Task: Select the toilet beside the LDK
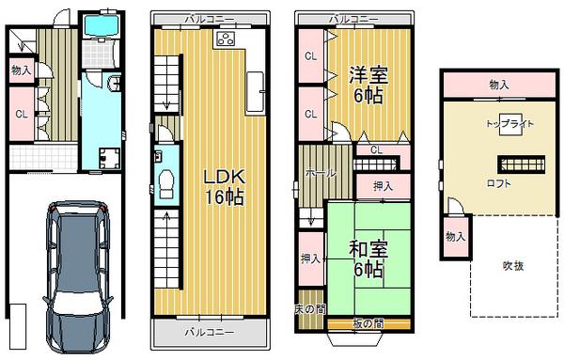click(x=164, y=184)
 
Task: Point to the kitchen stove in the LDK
click(x=227, y=39)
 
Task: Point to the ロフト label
click(x=499, y=183)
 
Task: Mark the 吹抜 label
click(x=512, y=266)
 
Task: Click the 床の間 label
click(x=308, y=308)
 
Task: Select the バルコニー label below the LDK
click(x=208, y=332)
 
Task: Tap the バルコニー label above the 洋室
click(x=352, y=18)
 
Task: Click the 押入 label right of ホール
click(x=383, y=186)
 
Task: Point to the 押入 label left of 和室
click(x=309, y=258)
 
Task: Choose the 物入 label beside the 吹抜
click(x=455, y=235)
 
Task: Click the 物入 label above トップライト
click(x=501, y=85)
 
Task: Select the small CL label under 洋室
click(x=375, y=149)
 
